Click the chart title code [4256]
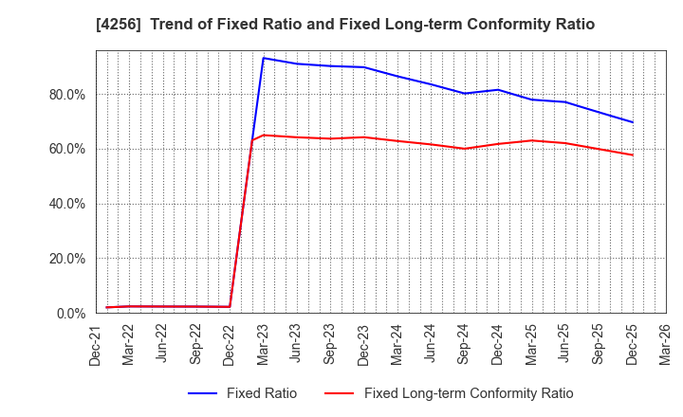coord(115,25)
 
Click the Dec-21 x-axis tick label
coord(96,343)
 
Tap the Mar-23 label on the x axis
coord(263,343)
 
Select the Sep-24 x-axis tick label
coord(464,343)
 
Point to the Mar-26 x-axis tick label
coord(665,343)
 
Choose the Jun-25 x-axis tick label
coord(564,343)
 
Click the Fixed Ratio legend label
coord(261,393)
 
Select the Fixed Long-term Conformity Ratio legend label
coord(469,393)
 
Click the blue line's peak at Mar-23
coord(263,58)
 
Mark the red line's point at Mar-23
coord(263,135)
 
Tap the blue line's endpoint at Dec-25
coord(632,122)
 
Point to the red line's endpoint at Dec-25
coord(632,154)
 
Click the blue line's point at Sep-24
coord(464,93)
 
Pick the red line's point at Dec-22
coord(230,306)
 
